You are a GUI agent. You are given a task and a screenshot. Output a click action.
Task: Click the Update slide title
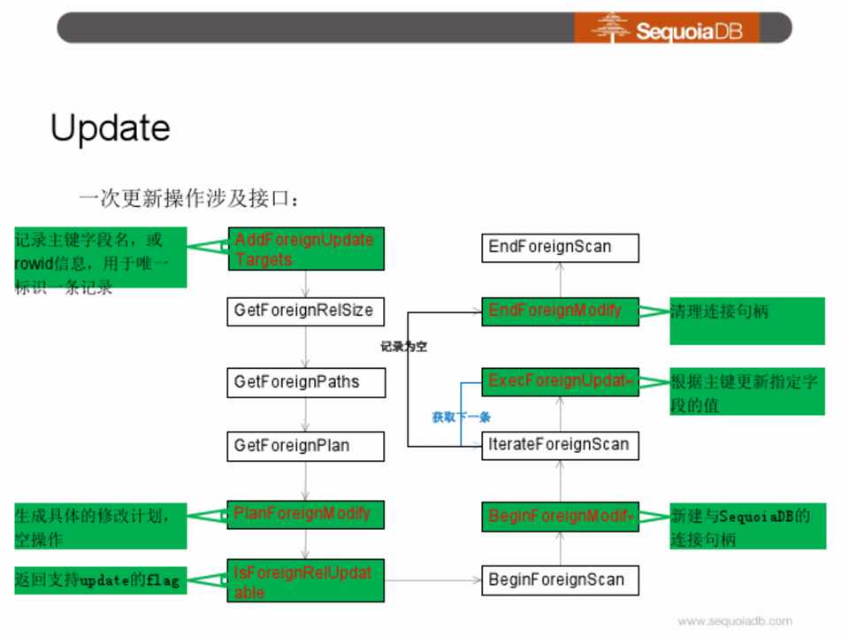coord(111,128)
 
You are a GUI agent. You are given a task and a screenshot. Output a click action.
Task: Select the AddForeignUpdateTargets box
coord(305,249)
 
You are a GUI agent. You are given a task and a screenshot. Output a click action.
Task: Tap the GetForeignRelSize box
coord(305,311)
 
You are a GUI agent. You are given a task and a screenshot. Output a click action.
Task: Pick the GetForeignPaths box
coord(305,383)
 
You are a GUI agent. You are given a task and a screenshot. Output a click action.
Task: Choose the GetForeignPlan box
coord(305,446)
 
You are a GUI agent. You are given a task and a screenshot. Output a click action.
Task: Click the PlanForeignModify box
coord(305,514)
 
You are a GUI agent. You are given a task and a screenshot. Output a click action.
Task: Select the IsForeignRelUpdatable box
coord(305,581)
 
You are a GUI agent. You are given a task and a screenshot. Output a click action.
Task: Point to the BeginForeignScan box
coord(560,580)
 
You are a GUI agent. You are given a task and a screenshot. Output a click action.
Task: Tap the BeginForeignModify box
coord(560,517)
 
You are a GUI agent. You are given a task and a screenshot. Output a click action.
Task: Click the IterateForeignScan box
coord(560,444)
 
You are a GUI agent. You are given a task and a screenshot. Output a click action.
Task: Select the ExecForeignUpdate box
coord(560,382)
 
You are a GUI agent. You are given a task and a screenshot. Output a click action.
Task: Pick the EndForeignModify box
coord(560,311)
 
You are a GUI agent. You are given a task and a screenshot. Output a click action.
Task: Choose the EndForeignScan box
coord(560,247)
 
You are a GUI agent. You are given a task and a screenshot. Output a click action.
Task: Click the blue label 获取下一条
coord(461,417)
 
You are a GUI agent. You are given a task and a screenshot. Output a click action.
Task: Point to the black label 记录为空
coord(404,347)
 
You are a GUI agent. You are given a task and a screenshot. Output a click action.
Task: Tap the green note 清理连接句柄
coord(746,319)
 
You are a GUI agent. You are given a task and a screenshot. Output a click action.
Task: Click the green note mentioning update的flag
coord(100,580)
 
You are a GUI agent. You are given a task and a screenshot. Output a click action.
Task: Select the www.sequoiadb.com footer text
coord(734,621)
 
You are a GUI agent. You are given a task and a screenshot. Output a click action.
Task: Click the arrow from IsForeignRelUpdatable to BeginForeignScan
coord(433,581)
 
